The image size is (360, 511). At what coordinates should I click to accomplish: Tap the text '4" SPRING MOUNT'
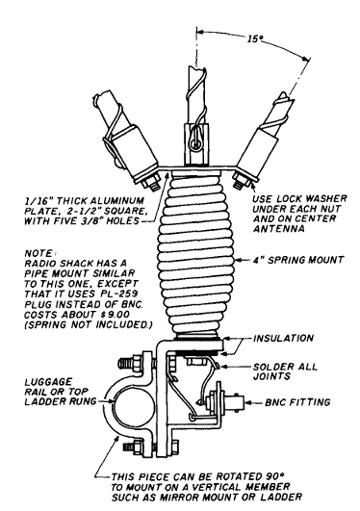coord(298,260)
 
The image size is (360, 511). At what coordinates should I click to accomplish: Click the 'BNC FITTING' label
coord(297,402)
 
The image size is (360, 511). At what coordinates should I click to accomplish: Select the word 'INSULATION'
coord(283,339)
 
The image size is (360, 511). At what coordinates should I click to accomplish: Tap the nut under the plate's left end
coord(151,183)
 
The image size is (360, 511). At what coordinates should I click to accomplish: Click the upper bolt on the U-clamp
coord(134,362)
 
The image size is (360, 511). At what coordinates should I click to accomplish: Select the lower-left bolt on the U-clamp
coord(134,445)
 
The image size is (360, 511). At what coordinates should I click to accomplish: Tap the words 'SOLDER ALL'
coord(285,367)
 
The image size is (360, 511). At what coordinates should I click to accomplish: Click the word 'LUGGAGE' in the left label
coord(43,382)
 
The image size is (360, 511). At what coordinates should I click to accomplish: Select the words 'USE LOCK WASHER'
coord(300,198)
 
